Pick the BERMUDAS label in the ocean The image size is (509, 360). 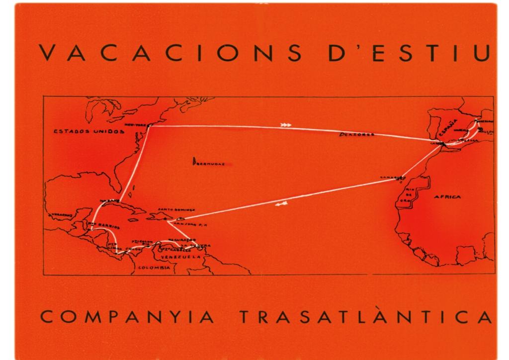(x=209, y=163)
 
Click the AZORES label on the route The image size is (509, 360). (x=357, y=135)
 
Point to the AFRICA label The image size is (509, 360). (x=447, y=197)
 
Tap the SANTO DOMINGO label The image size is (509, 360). (x=174, y=210)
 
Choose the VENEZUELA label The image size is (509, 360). (x=184, y=257)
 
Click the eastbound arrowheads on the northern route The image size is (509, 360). (x=286, y=125)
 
